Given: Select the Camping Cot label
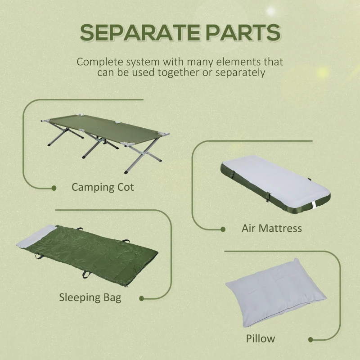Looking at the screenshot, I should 103,187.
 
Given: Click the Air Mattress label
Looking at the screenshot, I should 272,228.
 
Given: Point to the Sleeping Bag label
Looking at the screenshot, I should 90,297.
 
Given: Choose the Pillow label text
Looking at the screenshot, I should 261,338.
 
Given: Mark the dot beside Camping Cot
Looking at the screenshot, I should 54,188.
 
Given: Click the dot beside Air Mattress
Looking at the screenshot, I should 223,229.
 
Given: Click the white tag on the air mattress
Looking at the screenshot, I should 314,206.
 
